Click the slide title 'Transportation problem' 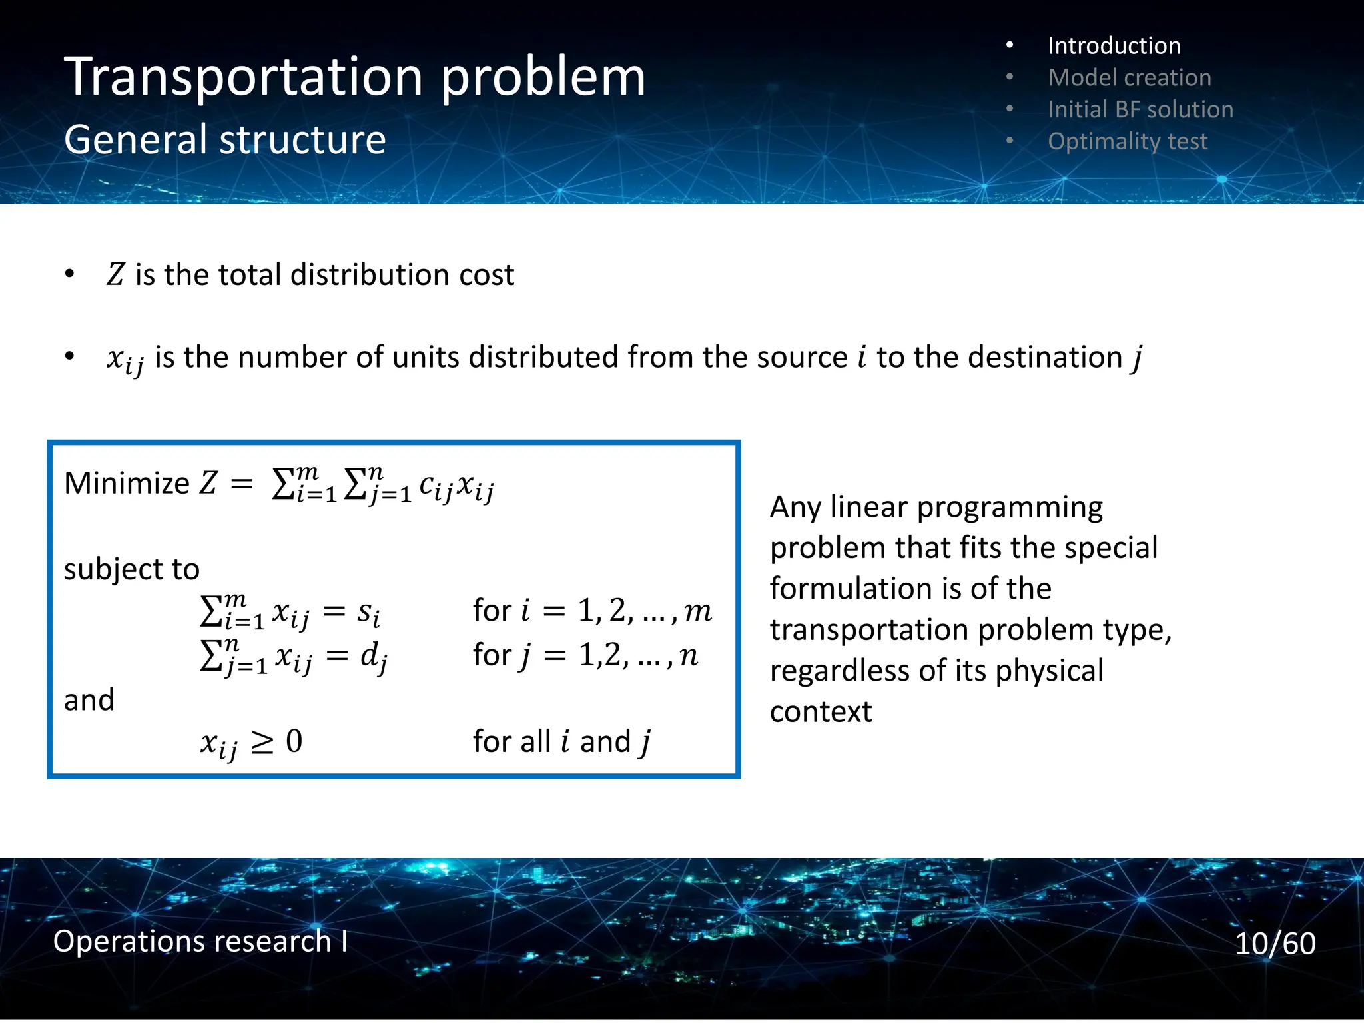354,77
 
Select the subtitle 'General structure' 224,140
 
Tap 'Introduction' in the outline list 1114,46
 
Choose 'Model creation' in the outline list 1129,78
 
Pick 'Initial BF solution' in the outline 1140,110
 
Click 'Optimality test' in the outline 1127,142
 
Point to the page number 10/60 1275,944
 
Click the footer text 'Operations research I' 200,942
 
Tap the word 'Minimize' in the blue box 127,483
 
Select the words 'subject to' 131,569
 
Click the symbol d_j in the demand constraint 374,657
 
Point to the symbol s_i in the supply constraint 368,612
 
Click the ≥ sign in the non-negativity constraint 262,742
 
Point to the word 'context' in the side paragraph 821,712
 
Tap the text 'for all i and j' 561,742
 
